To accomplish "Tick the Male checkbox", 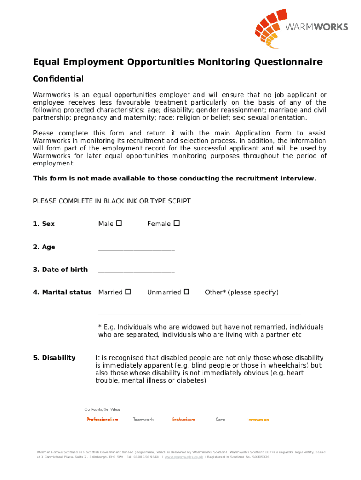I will (x=119, y=224).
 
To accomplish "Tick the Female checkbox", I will (x=177, y=224).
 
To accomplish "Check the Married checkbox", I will (x=128, y=292).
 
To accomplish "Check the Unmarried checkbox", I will (x=187, y=292).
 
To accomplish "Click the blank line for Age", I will (x=136, y=249).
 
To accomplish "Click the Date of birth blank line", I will (x=136, y=272).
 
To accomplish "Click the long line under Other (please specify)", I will (x=199, y=313).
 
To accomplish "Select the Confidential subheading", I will (x=58, y=79).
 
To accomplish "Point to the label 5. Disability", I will (x=54, y=358).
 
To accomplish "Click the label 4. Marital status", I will (x=62, y=292).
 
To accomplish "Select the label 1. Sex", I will (x=44, y=224).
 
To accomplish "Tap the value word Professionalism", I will (x=102, y=420).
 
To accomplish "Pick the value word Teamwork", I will (x=143, y=420).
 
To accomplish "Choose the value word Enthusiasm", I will (x=183, y=420).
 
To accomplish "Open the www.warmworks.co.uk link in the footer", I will (x=184, y=457).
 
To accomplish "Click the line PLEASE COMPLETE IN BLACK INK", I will (x=112, y=201).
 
